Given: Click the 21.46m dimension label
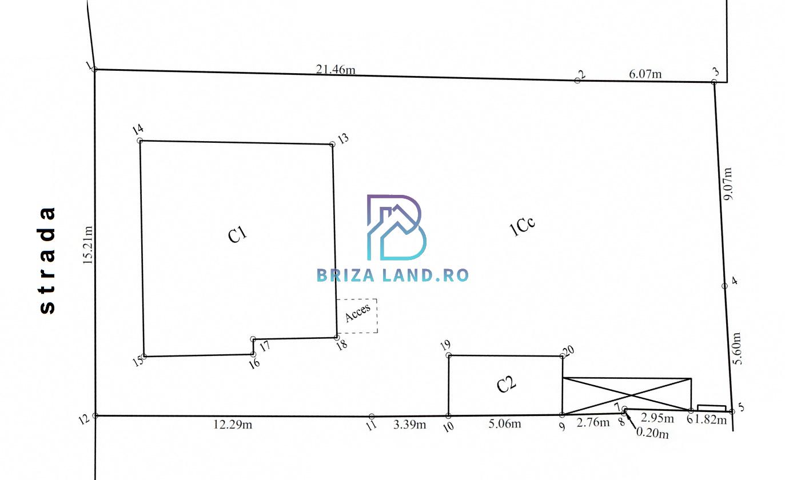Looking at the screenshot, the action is click(x=336, y=69).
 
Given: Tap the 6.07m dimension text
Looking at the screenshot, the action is click(x=645, y=74).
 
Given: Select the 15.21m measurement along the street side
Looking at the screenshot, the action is click(x=87, y=245).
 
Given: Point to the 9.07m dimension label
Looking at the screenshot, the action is click(x=727, y=184).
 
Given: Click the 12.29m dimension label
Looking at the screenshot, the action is click(x=233, y=425).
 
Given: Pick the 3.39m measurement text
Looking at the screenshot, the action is click(x=409, y=425).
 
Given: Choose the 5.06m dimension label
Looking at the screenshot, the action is click(x=505, y=424).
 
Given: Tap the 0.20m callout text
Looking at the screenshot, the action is click(x=652, y=433).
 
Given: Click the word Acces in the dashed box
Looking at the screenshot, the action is click(x=357, y=313).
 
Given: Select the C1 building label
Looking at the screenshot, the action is click(x=237, y=234).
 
